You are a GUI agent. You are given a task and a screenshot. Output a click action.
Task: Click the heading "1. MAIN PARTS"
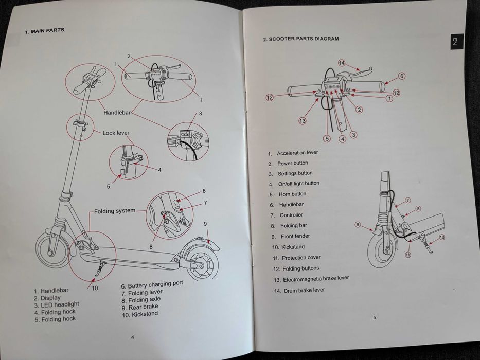pos(45,31)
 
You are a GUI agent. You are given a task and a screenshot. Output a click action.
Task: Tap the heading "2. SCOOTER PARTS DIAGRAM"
pos(300,39)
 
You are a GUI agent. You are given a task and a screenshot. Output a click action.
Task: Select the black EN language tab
pos(455,42)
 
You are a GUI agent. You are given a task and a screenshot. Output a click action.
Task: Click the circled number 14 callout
pos(342,63)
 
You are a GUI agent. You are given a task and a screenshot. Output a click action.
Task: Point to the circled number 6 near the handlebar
pos(402,76)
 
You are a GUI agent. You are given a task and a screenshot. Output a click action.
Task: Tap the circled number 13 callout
pos(303,121)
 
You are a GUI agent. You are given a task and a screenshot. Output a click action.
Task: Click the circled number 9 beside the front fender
pos(358,224)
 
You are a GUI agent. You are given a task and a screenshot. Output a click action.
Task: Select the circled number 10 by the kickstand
pos(441,237)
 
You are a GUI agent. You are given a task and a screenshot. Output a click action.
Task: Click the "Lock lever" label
pos(116,133)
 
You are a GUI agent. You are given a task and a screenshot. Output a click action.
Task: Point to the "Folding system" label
pos(115,211)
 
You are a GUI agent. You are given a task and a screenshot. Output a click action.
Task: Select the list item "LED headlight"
pos(56,304)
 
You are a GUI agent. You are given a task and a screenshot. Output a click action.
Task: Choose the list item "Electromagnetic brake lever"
pos(311,279)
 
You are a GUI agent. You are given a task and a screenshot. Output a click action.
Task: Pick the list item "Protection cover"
pos(296,258)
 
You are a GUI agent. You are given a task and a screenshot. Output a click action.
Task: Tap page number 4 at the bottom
pos(133,337)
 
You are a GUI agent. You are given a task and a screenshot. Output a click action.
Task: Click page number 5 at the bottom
pos(374,318)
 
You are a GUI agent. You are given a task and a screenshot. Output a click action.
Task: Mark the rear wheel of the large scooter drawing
pos(201,265)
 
